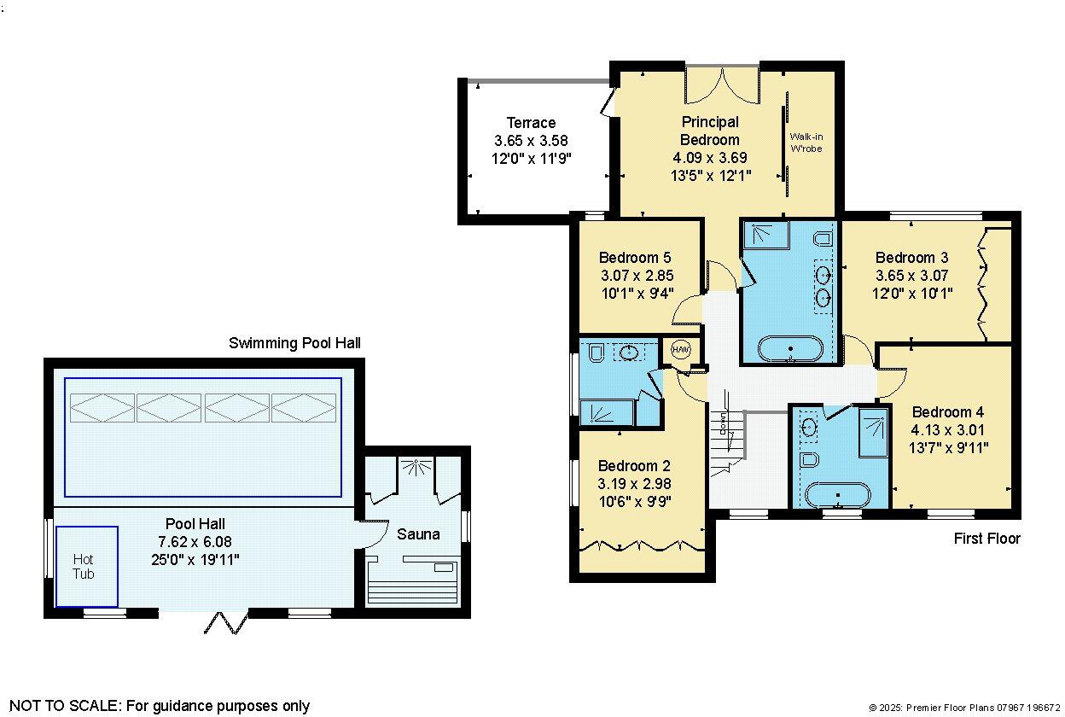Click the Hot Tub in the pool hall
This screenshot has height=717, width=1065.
point(86,567)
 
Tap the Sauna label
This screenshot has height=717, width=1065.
point(418,534)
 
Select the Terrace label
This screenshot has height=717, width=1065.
point(531,123)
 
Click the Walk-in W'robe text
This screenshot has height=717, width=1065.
point(806,143)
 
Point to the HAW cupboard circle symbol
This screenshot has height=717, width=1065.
point(681,350)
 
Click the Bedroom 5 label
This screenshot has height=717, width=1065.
point(634,258)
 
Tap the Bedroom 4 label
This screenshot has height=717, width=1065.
point(947,411)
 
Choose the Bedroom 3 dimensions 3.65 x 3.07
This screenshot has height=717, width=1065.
point(911,276)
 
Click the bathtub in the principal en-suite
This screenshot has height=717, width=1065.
point(792,350)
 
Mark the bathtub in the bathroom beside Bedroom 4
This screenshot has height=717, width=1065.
point(837,496)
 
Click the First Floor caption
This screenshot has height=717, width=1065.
point(986,539)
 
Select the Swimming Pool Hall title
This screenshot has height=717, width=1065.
point(294,343)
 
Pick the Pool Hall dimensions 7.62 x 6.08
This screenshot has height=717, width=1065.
point(195,542)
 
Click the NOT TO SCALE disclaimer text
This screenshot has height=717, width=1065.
point(160,706)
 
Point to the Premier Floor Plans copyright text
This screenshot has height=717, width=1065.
point(963,708)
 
